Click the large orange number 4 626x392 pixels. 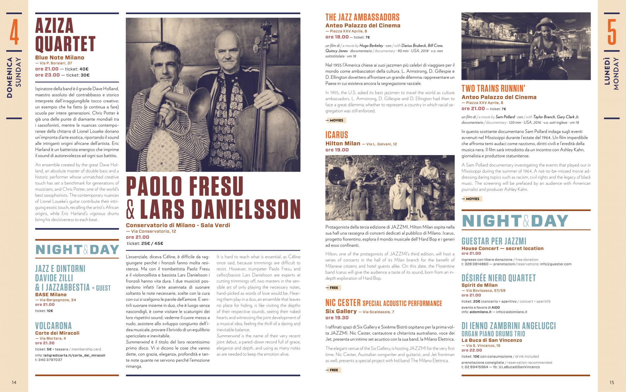(x=14, y=32)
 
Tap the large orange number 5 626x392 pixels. (x=612, y=32)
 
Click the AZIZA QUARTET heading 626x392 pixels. (x=65, y=35)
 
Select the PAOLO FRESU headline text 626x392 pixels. (x=185, y=186)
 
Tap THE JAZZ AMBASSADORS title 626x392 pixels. (x=362, y=17)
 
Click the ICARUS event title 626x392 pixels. (x=337, y=135)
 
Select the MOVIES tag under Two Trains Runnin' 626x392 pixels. (x=472, y=199)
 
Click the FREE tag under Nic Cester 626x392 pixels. (x=333, y=370)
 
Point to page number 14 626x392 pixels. (x=14, y=382)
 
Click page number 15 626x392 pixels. (x=612, y=382)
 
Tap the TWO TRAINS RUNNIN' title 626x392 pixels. (x=493, y=88)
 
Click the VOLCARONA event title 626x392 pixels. (x=53, y=326)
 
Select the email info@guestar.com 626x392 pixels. (x=555, y=264)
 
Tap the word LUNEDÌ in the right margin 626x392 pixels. (x=607, y=71)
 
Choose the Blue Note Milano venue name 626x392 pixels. (x=60, y=57)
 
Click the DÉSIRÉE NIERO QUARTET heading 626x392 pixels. (x=498, y=278)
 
